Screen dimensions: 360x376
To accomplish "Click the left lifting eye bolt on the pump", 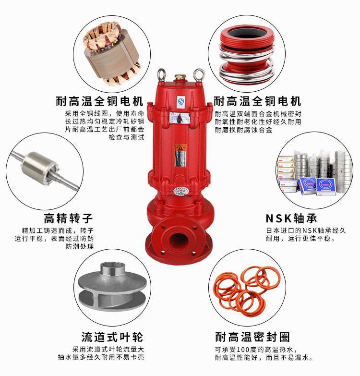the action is coord(161,75).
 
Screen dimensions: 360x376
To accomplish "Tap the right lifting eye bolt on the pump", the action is coord(199,75).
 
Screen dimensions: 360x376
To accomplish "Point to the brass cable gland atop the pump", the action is coord(179,78).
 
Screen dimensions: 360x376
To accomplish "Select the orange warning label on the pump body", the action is coord(180,156).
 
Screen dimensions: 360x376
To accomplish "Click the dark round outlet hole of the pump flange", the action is coord(179,241).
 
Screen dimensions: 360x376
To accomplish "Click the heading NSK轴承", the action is coord(291,218).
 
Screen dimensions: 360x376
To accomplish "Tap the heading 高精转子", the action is coord(68,218).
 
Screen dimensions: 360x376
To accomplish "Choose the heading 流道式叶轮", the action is coord(112,337).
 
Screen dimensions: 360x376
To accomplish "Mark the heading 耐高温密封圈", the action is coord(252,337).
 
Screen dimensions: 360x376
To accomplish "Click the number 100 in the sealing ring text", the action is coord(244,350).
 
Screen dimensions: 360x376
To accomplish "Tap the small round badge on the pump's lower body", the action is coord(181,191).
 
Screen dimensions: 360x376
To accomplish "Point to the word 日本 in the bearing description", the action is coord(273,230).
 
